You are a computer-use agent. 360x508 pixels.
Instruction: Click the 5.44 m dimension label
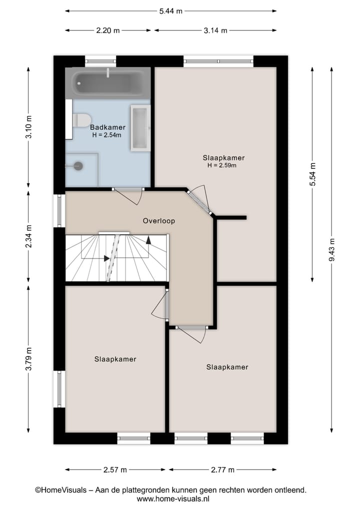[170, 11]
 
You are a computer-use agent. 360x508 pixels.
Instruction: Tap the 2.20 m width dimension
[108, 30]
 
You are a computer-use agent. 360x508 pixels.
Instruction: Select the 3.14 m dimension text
[215, 30]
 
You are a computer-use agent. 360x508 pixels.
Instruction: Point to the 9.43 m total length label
[331, 249]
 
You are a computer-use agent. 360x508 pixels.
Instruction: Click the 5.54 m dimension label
[312, 174]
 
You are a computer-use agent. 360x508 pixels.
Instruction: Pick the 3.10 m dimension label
[29, 127]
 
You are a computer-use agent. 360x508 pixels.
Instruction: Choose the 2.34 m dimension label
[29, 236]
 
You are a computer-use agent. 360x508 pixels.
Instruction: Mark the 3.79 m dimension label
[29, 359]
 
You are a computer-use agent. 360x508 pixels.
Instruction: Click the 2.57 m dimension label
[115, 470]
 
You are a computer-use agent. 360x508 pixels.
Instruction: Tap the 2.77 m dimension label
[222, 470]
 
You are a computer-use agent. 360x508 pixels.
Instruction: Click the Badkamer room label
[107, 127]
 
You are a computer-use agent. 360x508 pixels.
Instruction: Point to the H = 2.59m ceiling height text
[222, 165]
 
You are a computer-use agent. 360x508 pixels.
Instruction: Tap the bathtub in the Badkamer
[107, 83]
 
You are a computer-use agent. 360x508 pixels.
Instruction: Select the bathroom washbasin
[140, 128]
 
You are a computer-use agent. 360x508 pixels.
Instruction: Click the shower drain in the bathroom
[78, 166]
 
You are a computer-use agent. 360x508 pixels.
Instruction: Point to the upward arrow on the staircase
[148, 240]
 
